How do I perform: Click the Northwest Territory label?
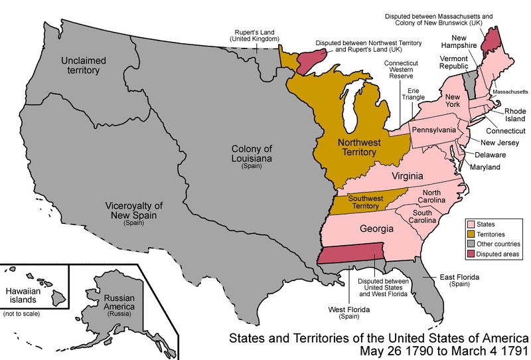(356, 147)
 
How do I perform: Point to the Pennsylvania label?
(433, 129)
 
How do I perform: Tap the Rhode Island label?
(515, 116)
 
